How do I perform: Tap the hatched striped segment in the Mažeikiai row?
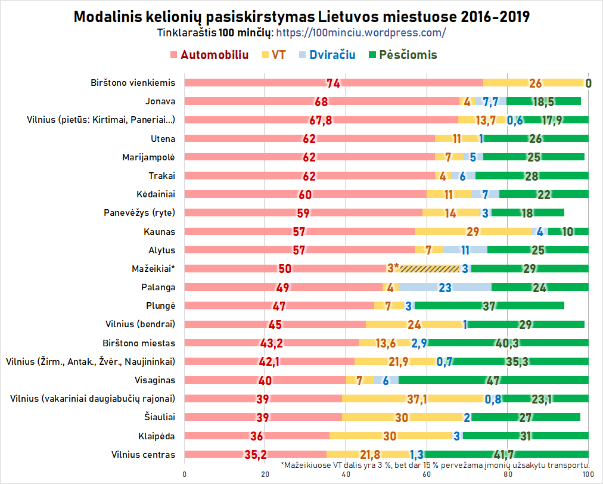pyautogui.click(x=429, y=269)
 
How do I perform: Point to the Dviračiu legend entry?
pyautogui.click(x=327, y=55)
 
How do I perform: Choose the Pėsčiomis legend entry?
pyautogui.click(x=403, y=55)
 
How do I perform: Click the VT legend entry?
pyautogui.click(x=273, y=55)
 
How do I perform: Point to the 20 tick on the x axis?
pyautogui.click(x=265, y=474)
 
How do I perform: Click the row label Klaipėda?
pyautogui.click(x=157, y=436)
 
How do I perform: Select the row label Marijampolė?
pyautogui.click(x=149, y=157)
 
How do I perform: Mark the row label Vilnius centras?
pyautogui.click(x=143, y=454)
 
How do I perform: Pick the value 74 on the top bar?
pyautogui.click(x=333, y=83)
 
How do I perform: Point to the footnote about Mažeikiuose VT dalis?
pyautogui.click(x=434, y=464)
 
